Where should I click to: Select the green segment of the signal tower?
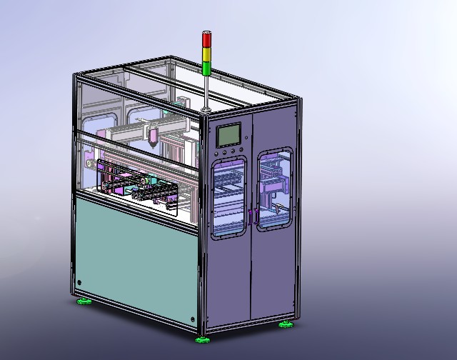[206, 67]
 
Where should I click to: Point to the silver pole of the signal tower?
[206, 91]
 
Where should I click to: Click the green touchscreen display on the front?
[231, 135]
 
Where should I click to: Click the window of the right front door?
[274, 189]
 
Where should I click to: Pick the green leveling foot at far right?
[286, 325]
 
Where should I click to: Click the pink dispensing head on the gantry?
[153, 135]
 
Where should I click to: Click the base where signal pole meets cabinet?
[206, 109]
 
